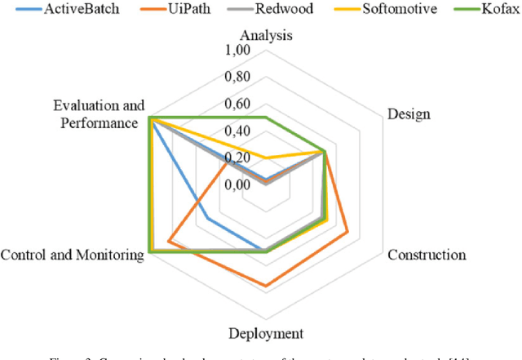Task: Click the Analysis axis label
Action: tap(266, 36)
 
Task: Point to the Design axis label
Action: tap(409, 113)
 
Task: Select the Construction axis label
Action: tap(427, 255)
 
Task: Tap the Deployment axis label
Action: tap(266, 333)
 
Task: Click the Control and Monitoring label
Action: tap(73, 255)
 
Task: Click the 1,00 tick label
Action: tap(239, 51)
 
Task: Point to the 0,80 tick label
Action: tap(239, 78)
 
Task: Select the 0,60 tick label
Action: tap(239, 104)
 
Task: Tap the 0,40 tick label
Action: tap(239, 131)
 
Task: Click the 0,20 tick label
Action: tap(239, 158)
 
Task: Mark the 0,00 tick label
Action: tap(239, 184)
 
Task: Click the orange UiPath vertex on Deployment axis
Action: tap(265, 286)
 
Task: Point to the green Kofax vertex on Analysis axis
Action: tap(265, 118)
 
